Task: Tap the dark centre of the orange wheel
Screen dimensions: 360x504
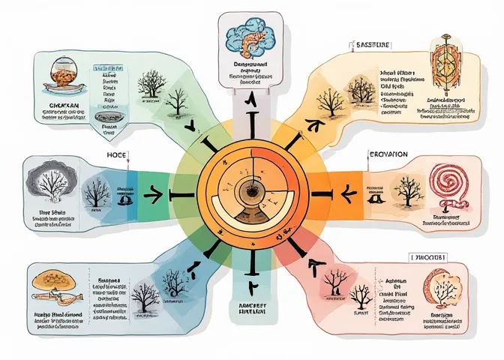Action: tap(250, 192)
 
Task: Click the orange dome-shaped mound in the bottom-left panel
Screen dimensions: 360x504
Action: tap(54, 279)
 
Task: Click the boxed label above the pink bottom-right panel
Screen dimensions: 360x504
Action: tap(429, 256)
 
